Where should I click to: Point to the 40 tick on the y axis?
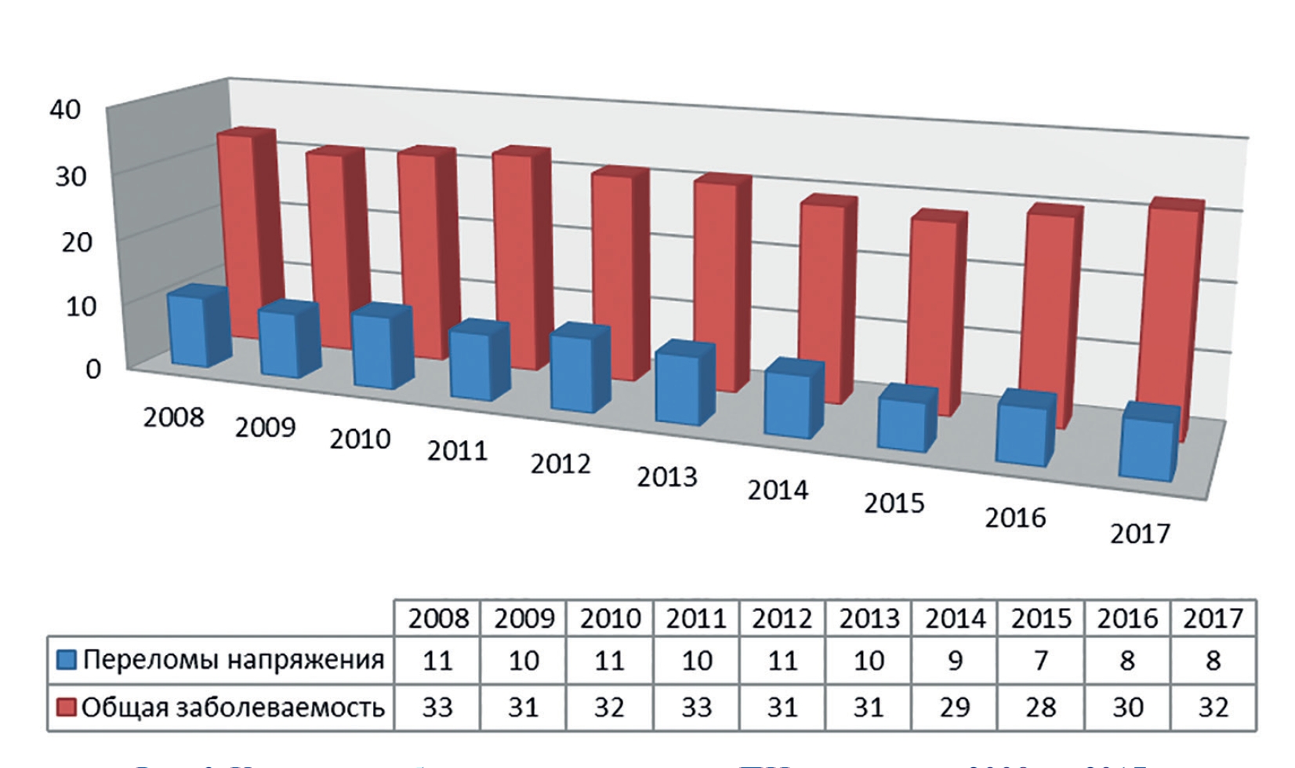tap(65, 109)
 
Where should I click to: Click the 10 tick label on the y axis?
tap(81, 306)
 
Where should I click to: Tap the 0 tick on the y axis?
tap(93, 369)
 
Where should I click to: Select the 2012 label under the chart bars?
tap(560, 464)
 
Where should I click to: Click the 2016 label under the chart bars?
tap(1015, 518)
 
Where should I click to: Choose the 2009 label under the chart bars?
tap(265, 428)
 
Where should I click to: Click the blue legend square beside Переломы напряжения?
tap(67, 660)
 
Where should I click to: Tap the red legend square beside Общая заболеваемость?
tap(67, 708)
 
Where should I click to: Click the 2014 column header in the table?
tap(955, 619)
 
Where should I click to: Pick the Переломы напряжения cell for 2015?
tap(1041, 661)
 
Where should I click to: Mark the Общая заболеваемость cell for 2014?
tap(955, 708)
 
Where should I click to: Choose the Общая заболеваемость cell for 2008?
tap(437, 708)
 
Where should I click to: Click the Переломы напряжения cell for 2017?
tap(1213, 661)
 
